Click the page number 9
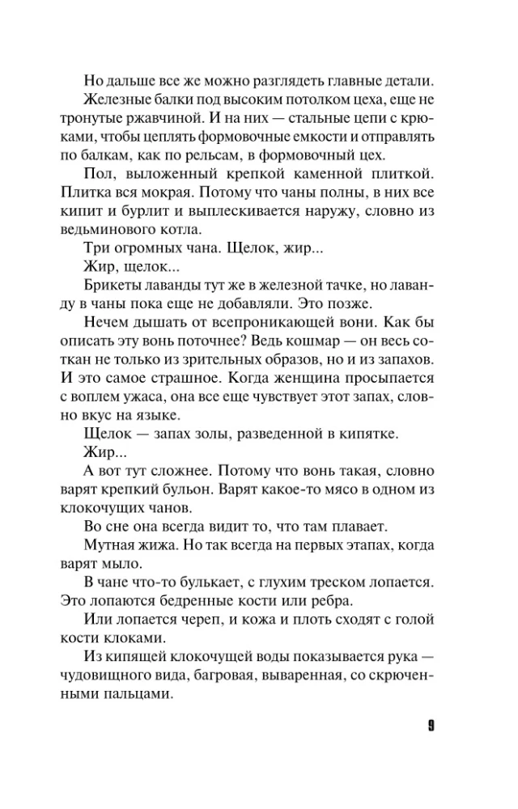431,724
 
